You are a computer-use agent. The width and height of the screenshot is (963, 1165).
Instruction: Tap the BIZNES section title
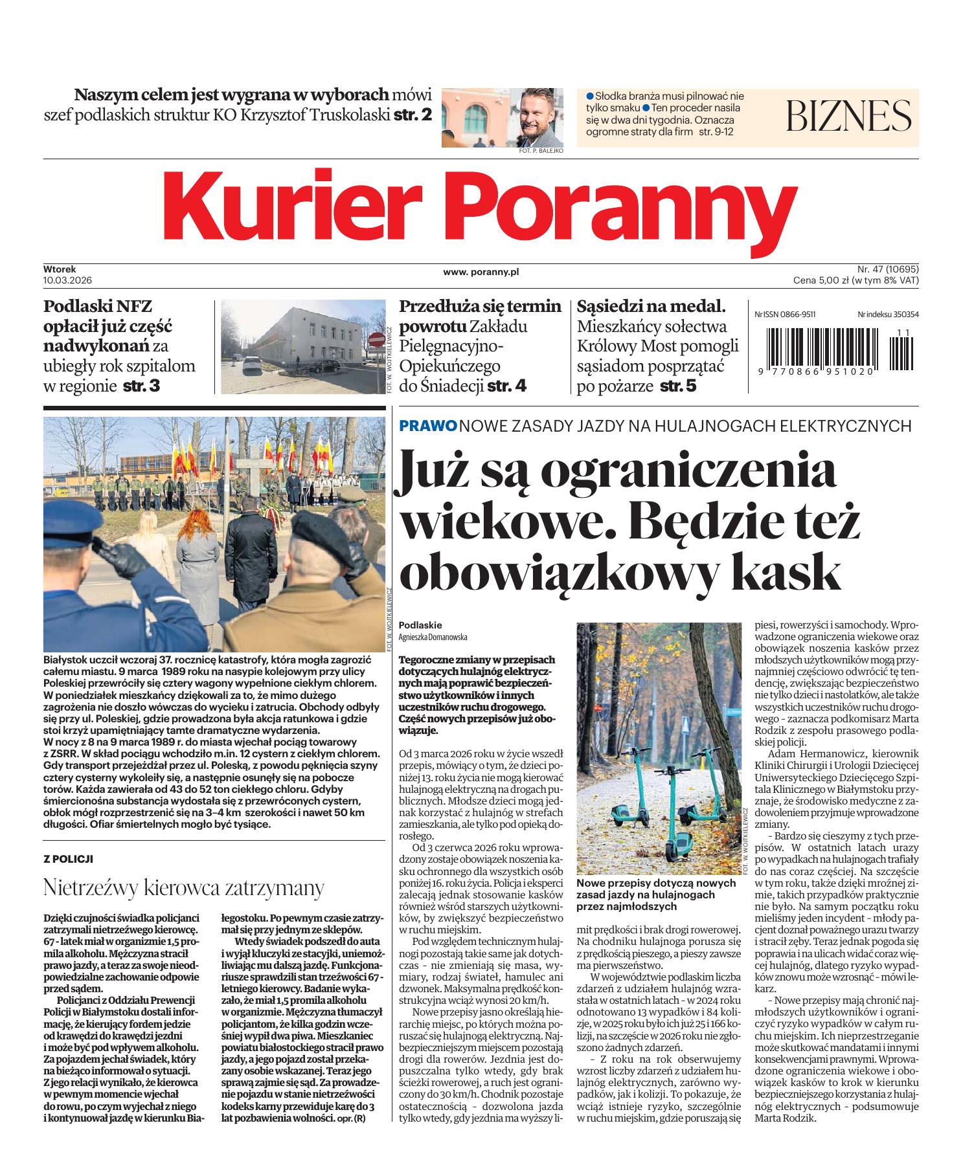(849, 116)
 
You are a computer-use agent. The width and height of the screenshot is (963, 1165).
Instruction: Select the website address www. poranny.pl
(481, 272)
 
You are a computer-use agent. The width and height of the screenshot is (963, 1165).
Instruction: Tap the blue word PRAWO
(428, 426)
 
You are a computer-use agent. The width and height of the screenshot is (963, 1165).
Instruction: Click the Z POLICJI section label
(68, 858)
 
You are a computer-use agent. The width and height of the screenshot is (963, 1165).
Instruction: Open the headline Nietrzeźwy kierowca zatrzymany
(183, 887)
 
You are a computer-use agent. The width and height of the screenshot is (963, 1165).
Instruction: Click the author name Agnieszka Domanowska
(432, 637)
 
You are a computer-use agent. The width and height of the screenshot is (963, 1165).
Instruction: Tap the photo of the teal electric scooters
(659, 748)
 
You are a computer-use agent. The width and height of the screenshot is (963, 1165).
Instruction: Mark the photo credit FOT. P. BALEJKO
(541, 150)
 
